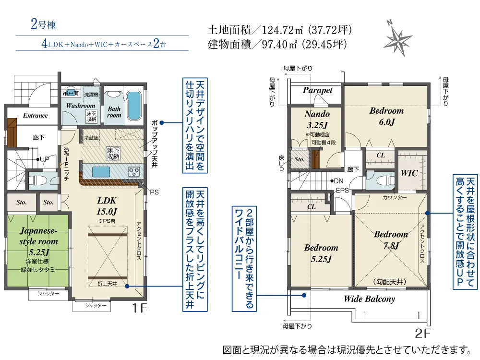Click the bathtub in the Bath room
pos(133,106)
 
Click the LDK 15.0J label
pos(107,206)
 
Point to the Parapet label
pos(317,90)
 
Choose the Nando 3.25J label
pos(317,120)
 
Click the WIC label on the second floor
pos(409,173)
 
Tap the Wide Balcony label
pos(369,299)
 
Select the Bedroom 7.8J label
pos(391,240)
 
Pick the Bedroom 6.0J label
pos(386,116)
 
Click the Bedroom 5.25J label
pos(321,253)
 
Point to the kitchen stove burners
pos(134,171)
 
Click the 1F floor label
pos(140,308)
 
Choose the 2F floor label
pos(422,334)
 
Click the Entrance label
pos(35,115)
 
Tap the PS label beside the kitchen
pos(154,192)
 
